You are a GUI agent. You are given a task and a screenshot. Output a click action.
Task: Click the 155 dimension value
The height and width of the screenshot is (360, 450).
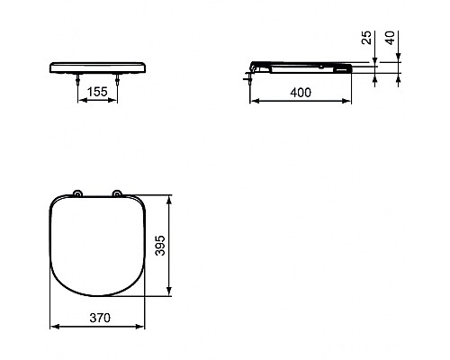[98, 91]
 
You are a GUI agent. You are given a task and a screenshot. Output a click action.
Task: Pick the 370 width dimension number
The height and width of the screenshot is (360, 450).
[98, 317]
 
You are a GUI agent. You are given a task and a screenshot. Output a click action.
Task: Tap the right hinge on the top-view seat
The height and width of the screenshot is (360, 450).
[117, 194]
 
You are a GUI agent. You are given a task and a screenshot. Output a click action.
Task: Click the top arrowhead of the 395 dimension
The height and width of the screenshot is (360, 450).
[169, 195]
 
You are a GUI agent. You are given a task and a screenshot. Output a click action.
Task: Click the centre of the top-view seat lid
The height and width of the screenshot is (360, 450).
[98, 245]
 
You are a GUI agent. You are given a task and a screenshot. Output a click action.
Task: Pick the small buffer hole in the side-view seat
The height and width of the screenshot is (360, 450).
[321, 65]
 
